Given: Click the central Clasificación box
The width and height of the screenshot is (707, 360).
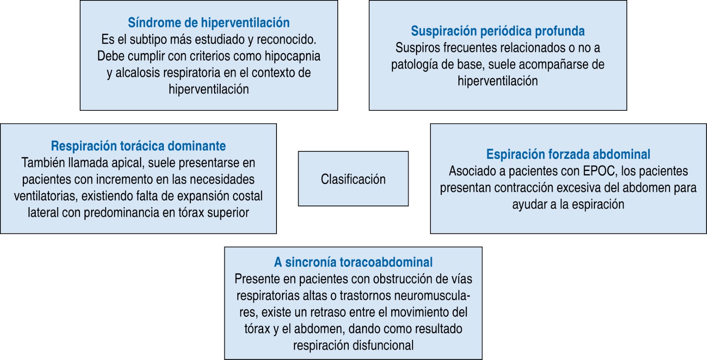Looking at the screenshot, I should click(x=353, y=179).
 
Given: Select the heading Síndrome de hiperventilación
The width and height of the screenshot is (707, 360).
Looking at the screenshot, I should click(x=209, y=23).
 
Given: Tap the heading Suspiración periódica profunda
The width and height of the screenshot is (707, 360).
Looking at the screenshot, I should click(x=498, y=31).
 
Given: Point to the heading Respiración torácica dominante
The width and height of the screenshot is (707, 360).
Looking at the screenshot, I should click(x=138, y=146).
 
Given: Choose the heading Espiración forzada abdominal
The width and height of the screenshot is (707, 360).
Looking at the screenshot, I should click(x=568, y=154).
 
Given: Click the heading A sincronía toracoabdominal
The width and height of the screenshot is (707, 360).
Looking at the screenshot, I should click(x=353, y=262).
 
